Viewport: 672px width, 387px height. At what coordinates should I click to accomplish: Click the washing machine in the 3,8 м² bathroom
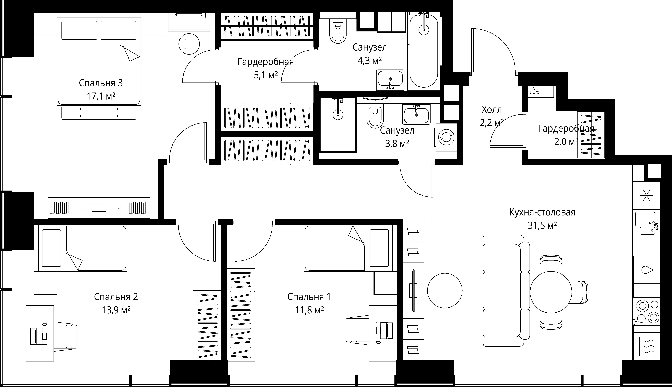[x=446, y=137]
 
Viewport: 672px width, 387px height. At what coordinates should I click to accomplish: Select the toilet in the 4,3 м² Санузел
[x=338, y=31]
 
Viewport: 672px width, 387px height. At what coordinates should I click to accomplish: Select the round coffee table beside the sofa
[x=445, y=291]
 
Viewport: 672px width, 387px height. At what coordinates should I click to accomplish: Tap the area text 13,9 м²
[x=116, y=310]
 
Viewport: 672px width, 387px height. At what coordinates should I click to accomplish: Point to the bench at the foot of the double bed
[x=99, y=112]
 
